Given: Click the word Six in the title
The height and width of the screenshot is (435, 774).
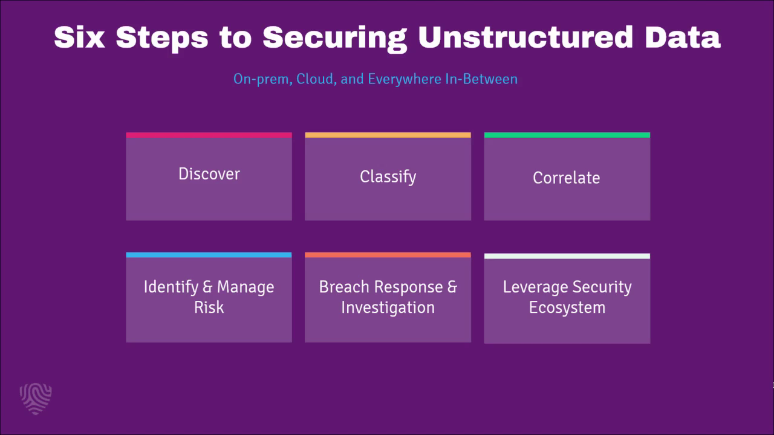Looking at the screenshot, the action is coord(79,37).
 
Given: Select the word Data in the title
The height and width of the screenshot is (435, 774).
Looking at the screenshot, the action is coord(683,37).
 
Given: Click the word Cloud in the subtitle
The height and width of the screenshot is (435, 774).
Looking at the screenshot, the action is coord(316,79).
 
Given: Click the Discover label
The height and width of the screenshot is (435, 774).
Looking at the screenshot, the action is coord(209,173).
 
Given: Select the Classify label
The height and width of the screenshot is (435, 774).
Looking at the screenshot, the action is coord(388,177).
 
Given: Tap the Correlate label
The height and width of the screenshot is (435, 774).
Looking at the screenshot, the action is coord(567,178).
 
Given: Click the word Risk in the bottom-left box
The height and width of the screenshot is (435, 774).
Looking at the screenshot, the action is coord(209,308).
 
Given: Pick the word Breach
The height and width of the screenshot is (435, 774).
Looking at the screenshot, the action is coord(344,287).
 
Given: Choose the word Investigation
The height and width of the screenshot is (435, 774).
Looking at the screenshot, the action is coord(388,308).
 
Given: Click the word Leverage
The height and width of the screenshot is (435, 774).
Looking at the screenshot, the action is coord(536,287).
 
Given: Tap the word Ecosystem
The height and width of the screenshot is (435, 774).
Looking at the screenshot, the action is coord(567,308).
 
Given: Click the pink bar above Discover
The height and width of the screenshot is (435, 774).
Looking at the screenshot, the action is coord(209,135).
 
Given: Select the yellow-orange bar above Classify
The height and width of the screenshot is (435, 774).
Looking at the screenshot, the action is coord(388,135).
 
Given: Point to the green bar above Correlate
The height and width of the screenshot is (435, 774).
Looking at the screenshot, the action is coord(567,135).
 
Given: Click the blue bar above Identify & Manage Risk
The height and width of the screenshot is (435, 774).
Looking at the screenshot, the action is coord(209,255).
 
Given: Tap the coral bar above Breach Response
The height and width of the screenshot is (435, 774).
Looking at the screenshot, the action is coord(388,255).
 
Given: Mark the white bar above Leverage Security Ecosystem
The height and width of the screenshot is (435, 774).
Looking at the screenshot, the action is coord(567,256).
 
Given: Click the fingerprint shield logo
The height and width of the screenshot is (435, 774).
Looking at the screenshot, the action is coord(36,399).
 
